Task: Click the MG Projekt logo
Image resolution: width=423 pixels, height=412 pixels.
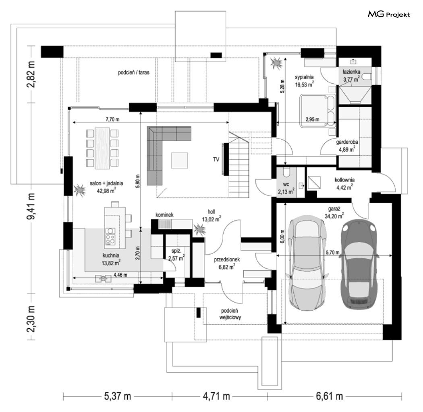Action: coord(389,14)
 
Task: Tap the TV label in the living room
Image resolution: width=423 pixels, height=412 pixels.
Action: coord(216,159)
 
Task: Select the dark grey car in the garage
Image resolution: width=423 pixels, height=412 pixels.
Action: coord(357,266)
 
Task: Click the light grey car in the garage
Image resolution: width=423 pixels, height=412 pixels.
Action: coord(307,263)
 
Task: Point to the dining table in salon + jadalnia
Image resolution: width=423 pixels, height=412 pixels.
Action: coord(102,148)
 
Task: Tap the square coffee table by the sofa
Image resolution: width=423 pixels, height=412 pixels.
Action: coord(179,160)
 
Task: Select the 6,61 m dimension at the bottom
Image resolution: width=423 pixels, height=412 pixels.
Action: coord(330,396)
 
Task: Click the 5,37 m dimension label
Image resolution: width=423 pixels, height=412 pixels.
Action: coord(118,396)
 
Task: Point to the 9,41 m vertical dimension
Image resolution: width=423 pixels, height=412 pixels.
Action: coord(31,206)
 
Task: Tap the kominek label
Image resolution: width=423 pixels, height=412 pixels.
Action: coord(164,215)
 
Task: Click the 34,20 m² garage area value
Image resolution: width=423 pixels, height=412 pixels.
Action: coord(334,216)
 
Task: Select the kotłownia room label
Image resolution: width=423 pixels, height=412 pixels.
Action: coord(344,180)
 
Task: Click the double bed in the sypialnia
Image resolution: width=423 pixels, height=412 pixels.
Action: coord(318,111)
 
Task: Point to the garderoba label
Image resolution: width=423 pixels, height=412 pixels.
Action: coord(347,142)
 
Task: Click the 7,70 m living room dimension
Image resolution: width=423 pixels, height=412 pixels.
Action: coord(112,119)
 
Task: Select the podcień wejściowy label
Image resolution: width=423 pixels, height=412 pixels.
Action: coord(230,314)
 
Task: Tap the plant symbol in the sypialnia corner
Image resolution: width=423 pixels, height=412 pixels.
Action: coord(276,63)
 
